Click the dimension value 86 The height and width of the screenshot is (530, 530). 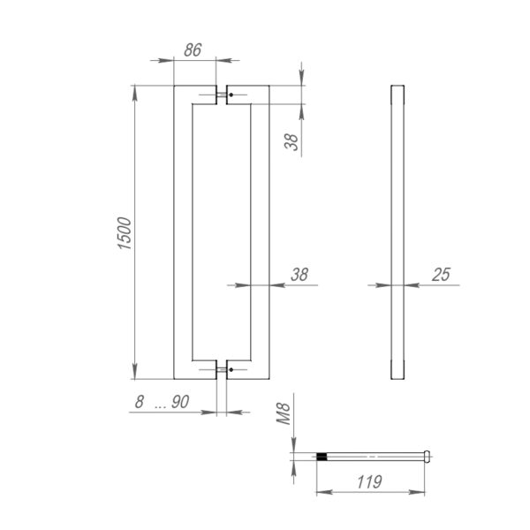193,50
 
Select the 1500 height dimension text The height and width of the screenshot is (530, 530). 125,233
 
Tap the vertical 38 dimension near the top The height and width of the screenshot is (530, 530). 291,142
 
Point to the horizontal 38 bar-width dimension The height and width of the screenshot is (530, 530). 299,275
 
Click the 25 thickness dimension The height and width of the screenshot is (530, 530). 441,275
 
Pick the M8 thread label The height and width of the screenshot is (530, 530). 284,413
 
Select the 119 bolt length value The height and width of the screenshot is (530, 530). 369,481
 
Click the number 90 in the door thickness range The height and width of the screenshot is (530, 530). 180,402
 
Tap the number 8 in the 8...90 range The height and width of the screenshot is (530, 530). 140,402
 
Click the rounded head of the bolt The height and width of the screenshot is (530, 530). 428,457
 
